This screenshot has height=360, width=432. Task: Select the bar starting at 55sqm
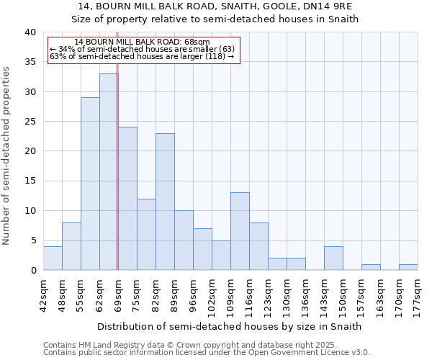pos(90,184)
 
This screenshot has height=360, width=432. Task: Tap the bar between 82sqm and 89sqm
pos(165,202)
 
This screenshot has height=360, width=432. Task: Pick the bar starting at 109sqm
pos(240,231)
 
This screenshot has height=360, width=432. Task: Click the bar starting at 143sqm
pos(333,258)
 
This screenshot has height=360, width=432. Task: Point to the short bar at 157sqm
pos(371,267)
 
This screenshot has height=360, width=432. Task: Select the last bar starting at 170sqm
pos(408,267)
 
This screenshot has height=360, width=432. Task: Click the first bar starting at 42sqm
pos(53,258)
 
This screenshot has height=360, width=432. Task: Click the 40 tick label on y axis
pos(30,32)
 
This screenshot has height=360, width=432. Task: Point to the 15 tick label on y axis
pos(30,181)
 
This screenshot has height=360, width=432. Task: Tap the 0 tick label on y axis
pos(33,271)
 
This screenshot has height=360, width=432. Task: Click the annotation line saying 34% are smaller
pos(142,49)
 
